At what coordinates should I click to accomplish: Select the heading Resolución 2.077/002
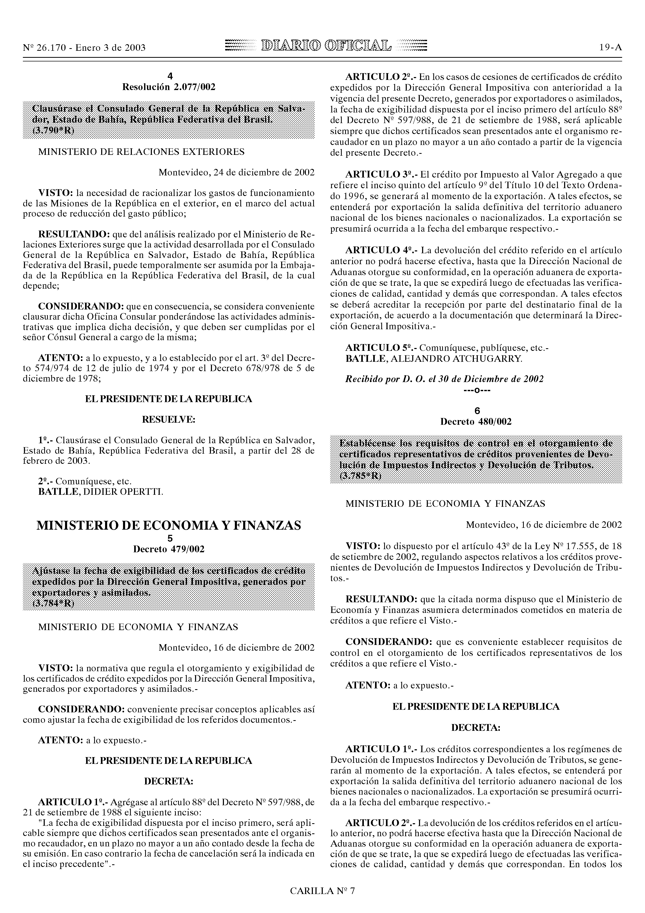[x=169, y=87]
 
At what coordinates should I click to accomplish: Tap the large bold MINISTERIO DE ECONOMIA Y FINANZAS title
[x=169, y=526]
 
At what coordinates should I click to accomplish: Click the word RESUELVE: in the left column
[x=169, y=420]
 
